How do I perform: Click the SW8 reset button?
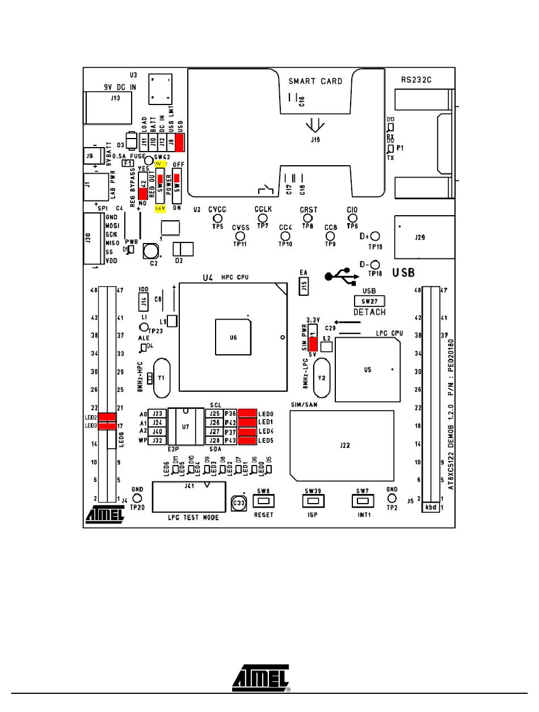click(263, 500)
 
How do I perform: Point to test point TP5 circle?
click(217, 218)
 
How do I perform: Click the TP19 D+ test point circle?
click(374, 237)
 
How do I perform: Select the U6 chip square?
click(233, 337)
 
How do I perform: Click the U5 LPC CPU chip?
click(367, 370)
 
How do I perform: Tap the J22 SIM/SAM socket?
click(342, 445)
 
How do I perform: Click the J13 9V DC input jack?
click(115, 106)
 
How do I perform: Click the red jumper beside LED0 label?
click(247, 413)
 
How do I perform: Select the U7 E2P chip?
click(185, 426)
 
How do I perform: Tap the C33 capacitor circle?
click(239, 502)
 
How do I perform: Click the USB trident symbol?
click(340, 277)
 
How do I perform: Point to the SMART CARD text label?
click(315, 81)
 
